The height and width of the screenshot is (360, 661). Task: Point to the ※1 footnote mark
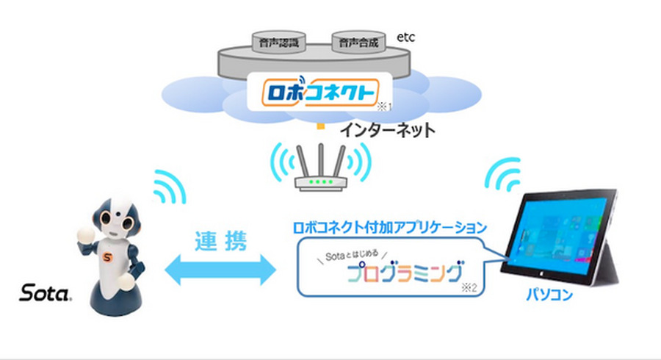[386, 107]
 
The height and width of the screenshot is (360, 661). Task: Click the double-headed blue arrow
[220, 271]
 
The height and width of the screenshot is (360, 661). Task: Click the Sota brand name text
[46, 295]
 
